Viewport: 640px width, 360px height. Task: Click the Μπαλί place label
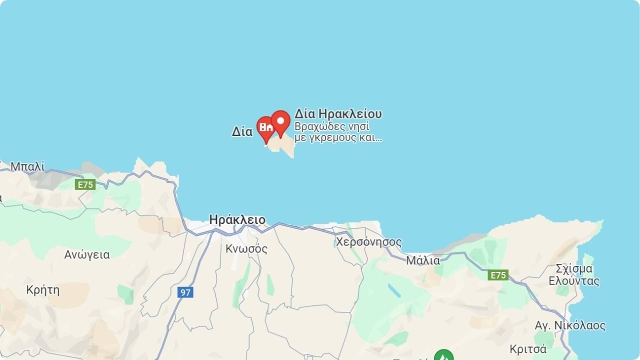click(x=27, y=166)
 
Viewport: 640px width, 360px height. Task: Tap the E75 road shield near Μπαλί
click(x=85, y=184)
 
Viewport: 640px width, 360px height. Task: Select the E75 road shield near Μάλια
click(x=498, y=275)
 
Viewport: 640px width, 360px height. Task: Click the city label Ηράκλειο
click(x=237, y=220)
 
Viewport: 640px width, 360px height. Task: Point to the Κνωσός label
click(x=246, y=248)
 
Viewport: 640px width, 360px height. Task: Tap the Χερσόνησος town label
click(x=368, y=242)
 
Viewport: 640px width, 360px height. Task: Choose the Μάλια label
click(x=423, y=260)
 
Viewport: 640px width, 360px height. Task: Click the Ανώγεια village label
click(x=87, y=254)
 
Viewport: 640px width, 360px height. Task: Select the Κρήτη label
click(x=43, y=290)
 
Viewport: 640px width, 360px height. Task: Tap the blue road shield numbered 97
click(x=185, y=292)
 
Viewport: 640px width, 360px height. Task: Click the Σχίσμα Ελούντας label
click(x=574, y=274)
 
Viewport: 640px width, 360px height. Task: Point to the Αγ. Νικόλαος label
click(x=570, y=326)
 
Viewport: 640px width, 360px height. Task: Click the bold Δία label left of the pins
click(x=242, y=132)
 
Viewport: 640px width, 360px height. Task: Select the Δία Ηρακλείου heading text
click(x=338, y=114)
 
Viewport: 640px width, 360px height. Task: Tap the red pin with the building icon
click(x=266, y=128)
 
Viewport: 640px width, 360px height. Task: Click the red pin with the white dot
click(x=280, y=122)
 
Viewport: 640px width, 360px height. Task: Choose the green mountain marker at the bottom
click(x=443, y=356)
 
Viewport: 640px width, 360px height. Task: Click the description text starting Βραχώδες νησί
click(x=338, y=132)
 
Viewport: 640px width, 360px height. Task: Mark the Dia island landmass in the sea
click(x=283, y=146)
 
